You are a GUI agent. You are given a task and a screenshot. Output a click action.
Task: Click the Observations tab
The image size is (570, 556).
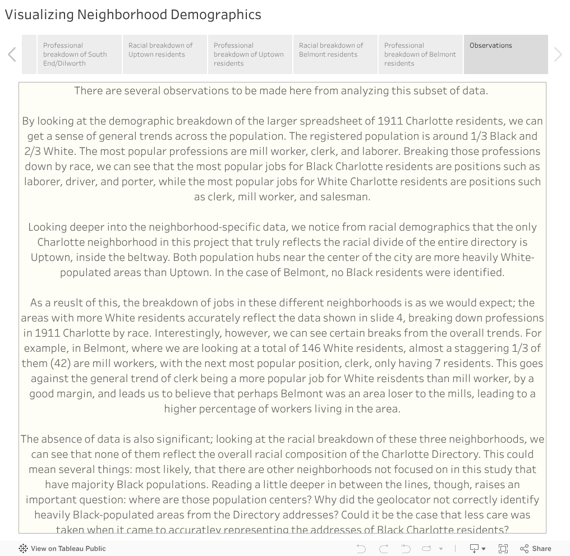(x=505, y=54)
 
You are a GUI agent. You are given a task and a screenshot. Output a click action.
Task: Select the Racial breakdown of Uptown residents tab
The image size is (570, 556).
(x=164, y=54)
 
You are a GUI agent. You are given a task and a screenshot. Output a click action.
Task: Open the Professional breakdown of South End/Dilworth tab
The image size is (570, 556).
(x=79, y=54)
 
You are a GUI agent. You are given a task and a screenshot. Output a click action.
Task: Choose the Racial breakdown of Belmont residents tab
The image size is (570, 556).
(x=335, y=54)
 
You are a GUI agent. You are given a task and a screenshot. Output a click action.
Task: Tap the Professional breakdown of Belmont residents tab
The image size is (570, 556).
(x=420, y=54)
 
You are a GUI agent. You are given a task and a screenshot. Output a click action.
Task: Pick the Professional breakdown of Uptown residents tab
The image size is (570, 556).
(x=250, y=54)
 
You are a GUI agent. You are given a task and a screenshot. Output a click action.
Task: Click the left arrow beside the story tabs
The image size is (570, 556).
(x=12, y=54)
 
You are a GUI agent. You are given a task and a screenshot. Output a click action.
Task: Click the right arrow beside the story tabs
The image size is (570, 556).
(x=558, y=54)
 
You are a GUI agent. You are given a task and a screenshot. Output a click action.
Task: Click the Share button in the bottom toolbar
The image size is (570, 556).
(x=536, y=549)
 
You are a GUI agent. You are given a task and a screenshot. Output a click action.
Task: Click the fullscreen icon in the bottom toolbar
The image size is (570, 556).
(x=503, y=549)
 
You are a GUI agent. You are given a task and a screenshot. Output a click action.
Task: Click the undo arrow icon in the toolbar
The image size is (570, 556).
(x=361, y=549)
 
